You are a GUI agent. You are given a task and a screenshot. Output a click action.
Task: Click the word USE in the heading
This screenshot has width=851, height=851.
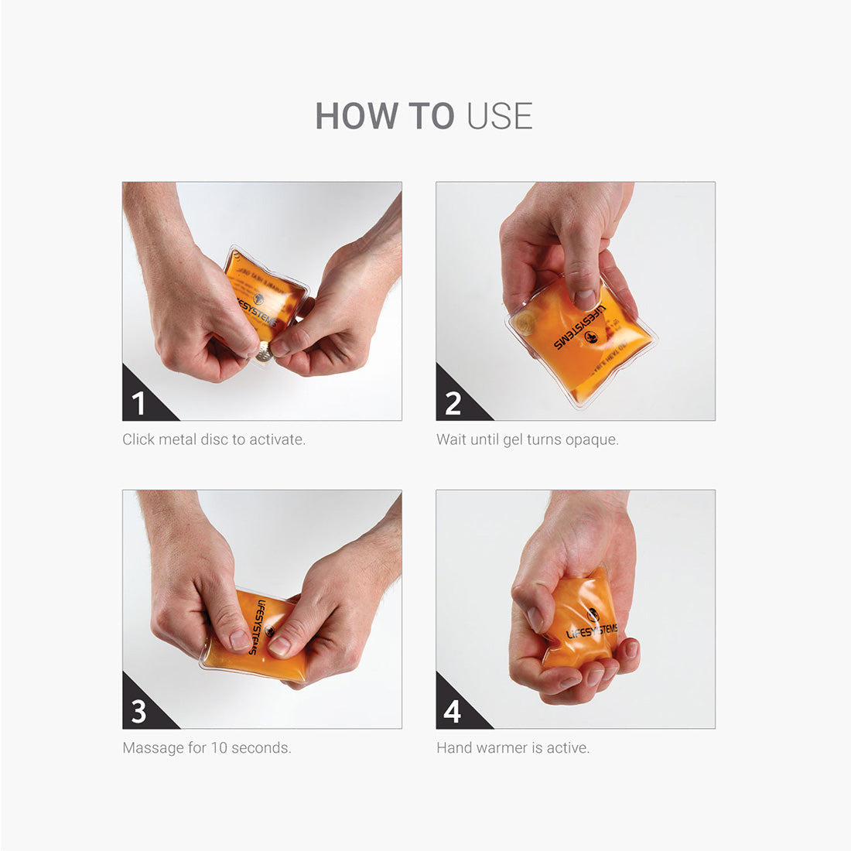coord(500,117)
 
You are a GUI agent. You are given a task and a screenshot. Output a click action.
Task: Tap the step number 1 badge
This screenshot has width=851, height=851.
coord(139,404)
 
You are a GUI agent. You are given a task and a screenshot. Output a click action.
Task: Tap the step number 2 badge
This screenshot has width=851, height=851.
coord(453,404)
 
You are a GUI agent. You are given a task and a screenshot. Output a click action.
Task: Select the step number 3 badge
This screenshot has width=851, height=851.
coord(139,712)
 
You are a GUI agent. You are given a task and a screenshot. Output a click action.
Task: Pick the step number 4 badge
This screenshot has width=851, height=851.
coord(453,712)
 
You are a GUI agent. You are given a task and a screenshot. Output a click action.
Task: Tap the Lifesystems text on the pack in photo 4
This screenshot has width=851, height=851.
coord(592,631)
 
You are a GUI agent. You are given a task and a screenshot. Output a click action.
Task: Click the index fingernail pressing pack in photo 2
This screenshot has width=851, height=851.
coord(586,298)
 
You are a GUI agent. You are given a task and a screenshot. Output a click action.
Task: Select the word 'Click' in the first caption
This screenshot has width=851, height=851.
coord(138,439)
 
